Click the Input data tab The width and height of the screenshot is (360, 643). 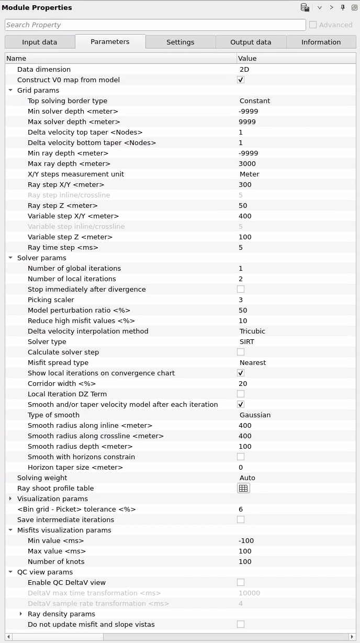(40, 42)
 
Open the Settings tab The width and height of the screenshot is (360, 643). (180, 42)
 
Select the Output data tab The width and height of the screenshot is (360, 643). (251, 42)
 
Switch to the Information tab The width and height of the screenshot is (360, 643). (321, 42)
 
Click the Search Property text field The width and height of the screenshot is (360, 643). (155, 25)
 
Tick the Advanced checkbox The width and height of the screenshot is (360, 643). (313, 25)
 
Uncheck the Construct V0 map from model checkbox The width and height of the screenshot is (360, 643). (241, 80)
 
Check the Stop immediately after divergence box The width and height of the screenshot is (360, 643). (241, 290)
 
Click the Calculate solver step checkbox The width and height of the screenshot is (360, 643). (241, 352)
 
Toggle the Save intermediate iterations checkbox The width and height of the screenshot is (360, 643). (241, 520)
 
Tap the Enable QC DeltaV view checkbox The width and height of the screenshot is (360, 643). (241, 583)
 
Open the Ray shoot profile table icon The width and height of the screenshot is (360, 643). (243, 489)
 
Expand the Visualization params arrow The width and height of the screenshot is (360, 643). (10, 499)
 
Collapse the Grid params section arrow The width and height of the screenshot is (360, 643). (10, 91)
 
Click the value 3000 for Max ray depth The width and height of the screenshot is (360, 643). (247, 164)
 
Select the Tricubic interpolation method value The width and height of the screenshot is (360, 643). (252, 331)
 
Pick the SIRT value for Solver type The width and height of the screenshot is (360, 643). (247, 342)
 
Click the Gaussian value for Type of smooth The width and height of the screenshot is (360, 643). (255, 415)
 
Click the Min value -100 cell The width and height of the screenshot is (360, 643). (246, 541)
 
